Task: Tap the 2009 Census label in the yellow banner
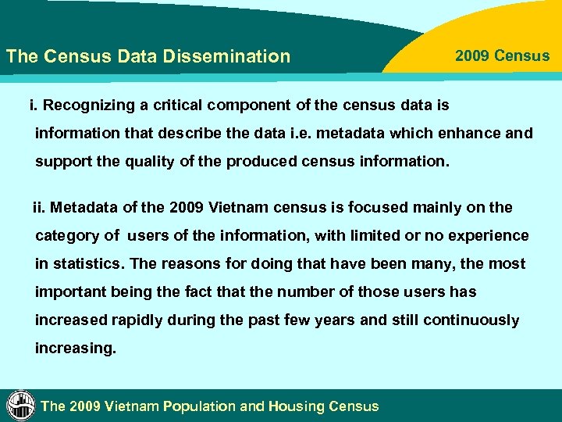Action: [x=502, y=56]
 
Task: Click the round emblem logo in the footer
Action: [x=20, y=405]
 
